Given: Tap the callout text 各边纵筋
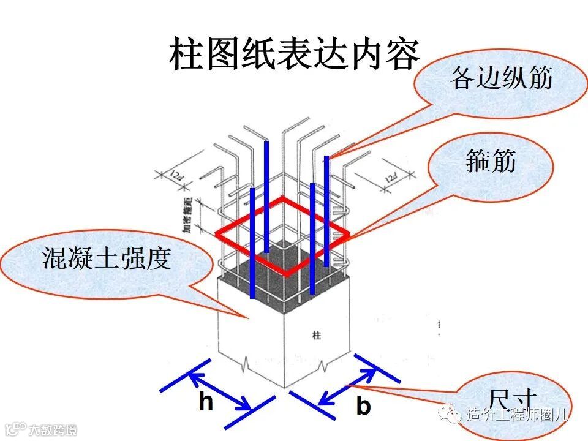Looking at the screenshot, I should (x=500, y=79).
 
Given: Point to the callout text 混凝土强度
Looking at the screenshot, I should (x=105, y=258).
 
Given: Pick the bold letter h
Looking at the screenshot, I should (x=206, y=402).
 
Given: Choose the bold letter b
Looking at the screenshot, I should (x=363, y=406).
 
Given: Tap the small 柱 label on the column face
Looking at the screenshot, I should (x=317, y=336).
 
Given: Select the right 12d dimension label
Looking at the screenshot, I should (x=390, y=178).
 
